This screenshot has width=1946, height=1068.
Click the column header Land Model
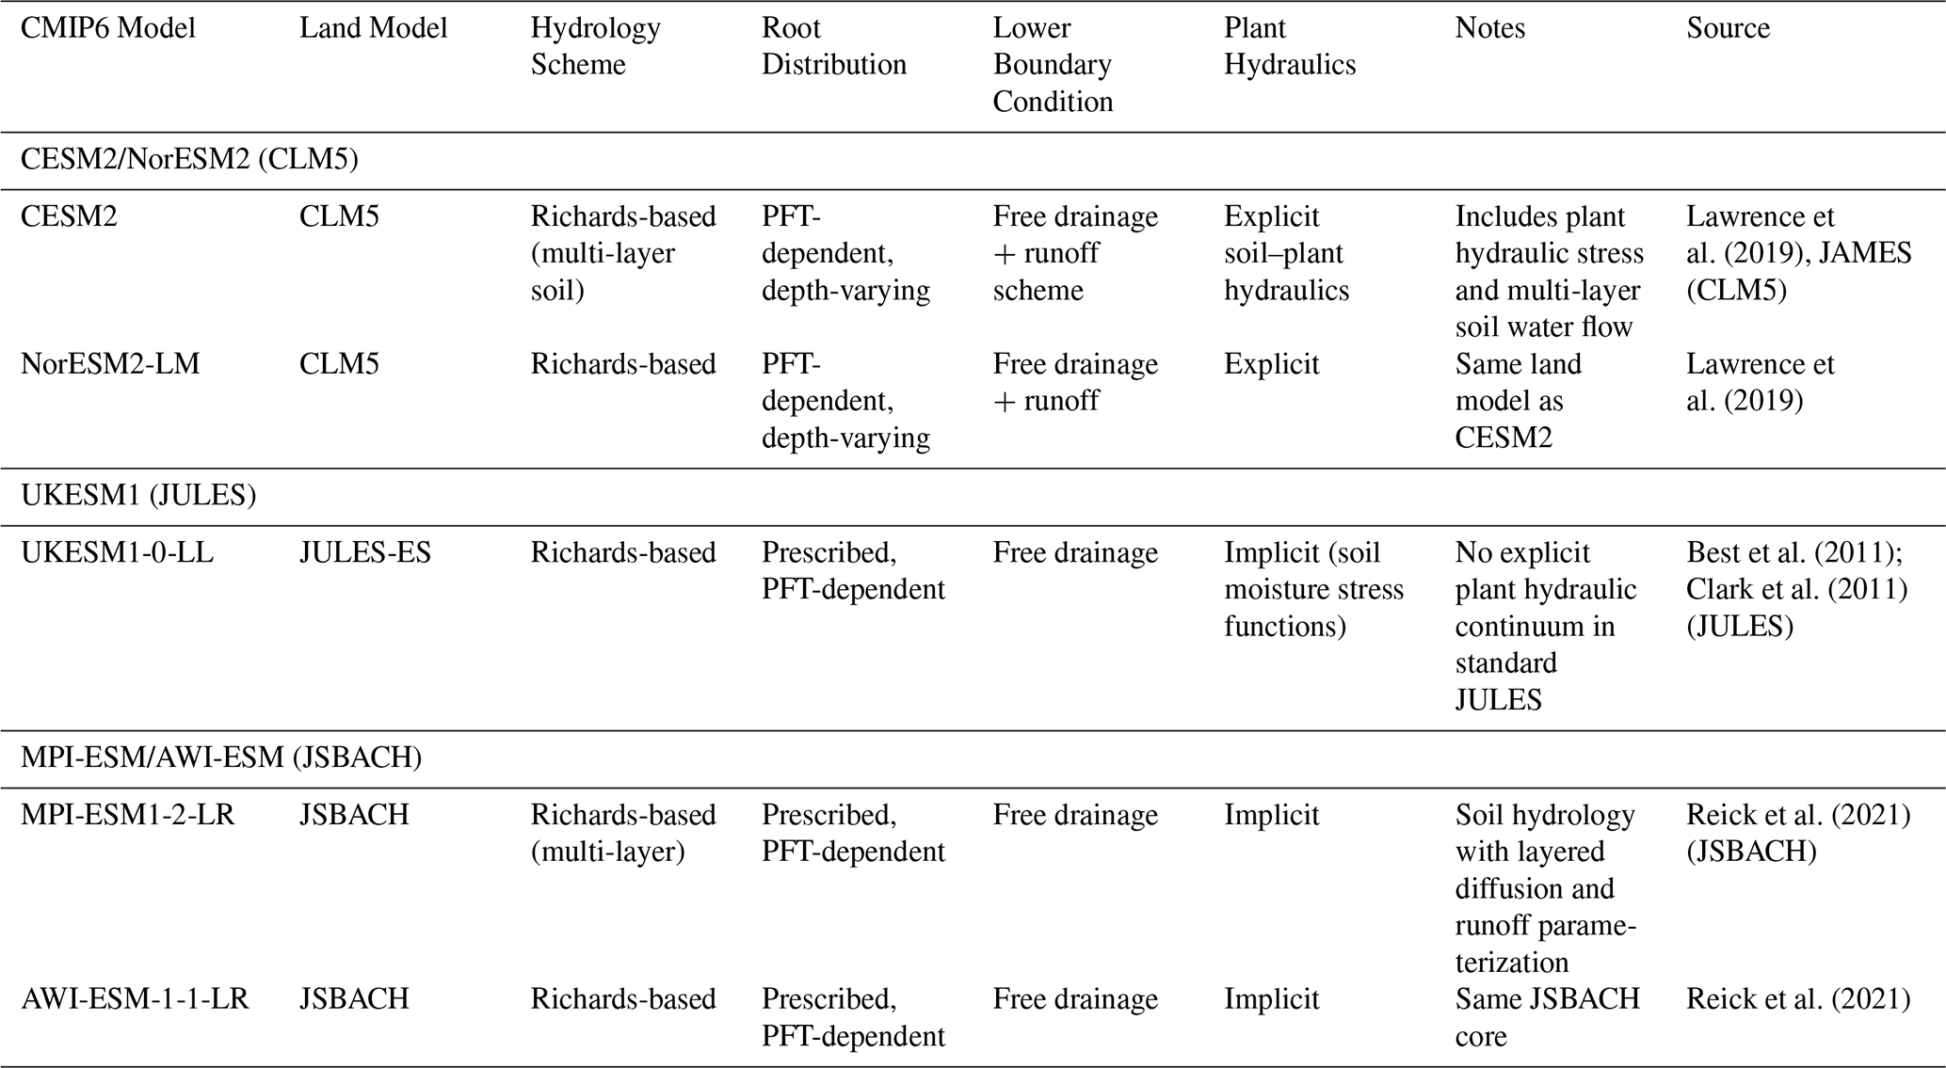point(373,28)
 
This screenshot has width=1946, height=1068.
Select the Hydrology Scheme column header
point(595,46)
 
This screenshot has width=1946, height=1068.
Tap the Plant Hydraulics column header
point(1289,46)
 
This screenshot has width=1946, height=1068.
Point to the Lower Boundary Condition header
point(1053,65)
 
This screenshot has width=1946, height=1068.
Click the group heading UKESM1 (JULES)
point(138,496)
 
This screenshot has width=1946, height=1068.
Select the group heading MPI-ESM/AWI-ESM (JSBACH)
point(221,757)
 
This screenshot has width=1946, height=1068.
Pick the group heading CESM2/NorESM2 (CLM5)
point(189,160)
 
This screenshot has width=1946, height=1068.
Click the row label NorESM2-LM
point(110,364)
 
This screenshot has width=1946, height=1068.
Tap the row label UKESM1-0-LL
point(117,552)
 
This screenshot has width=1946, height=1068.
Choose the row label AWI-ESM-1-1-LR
point(135,998)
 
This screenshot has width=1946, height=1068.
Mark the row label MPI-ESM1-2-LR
point(128,814)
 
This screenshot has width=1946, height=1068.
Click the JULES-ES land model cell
point(364,552)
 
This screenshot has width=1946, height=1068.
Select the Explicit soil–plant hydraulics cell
point(1286,253)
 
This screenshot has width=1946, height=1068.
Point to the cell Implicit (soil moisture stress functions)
point(1313,589)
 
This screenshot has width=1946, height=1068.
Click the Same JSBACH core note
point(1547,1017)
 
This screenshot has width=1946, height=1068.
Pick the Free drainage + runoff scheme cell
point(1075,253)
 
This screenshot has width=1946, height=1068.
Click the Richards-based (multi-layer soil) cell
point(622,253)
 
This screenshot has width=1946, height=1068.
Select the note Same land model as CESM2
point(1518,401)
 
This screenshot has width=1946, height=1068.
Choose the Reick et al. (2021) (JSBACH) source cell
point(1797,833)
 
